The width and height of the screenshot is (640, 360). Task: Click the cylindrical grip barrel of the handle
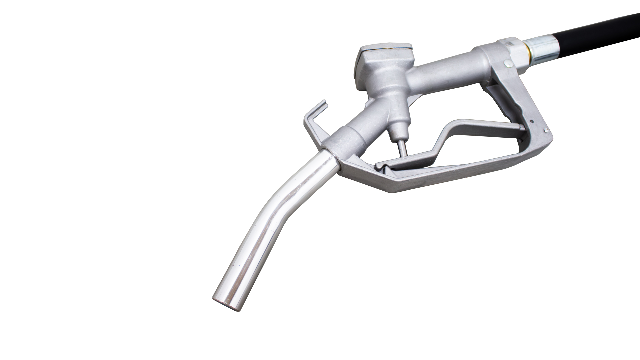pos(443,73)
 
